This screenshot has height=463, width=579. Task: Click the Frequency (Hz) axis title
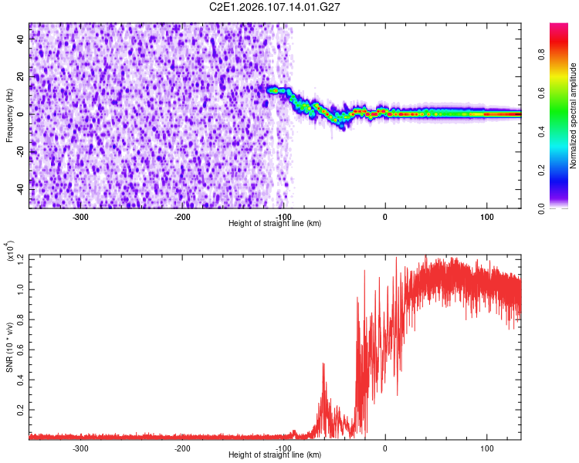click(9, 116)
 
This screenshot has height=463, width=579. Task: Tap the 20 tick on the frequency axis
click(21, 77)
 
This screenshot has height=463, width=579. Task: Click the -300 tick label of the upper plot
click(81, 217)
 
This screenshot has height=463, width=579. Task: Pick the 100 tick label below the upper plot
click(486, 217)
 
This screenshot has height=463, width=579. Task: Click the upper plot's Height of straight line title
click(276, 224)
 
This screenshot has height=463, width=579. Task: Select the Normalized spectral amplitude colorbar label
click(573, 116)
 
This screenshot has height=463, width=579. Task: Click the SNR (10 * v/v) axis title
click(9, 347)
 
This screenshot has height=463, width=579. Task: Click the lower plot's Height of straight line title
click(276, 455)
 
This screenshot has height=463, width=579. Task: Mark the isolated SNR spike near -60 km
click(323, 365)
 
